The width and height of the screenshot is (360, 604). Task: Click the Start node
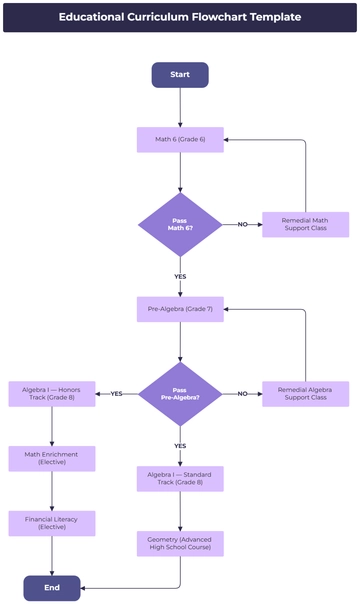pos(180,75)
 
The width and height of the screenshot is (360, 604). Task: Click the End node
pos(52,588)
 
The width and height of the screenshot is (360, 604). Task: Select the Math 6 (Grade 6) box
pos(180,139)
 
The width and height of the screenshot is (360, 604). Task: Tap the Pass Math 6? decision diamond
pos(180,224)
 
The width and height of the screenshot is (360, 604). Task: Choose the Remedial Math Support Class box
pos(305,224)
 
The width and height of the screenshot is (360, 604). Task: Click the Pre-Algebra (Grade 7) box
pos(180,309)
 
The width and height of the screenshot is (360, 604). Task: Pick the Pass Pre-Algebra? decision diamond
pos(180,394)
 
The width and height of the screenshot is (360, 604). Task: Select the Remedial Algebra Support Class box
pos(305,394)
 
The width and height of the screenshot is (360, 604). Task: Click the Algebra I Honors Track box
pos(52,394)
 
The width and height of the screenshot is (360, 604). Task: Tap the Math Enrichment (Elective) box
pos(52,459)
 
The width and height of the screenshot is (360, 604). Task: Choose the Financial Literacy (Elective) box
pos(52,523)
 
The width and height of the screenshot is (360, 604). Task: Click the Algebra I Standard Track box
pos(180,479)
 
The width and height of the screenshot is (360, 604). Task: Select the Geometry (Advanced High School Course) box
pos(180,544)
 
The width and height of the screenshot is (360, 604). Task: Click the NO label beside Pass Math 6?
pos(242,224)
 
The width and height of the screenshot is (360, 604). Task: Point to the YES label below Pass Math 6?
pos(180,276)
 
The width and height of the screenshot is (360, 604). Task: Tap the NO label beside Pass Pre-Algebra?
pos(242,394)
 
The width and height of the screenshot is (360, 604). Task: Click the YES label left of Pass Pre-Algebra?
pos(116,394)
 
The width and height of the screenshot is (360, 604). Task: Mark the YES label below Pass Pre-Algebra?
pos(180,446)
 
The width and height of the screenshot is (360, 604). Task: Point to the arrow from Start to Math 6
pos(180,107)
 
